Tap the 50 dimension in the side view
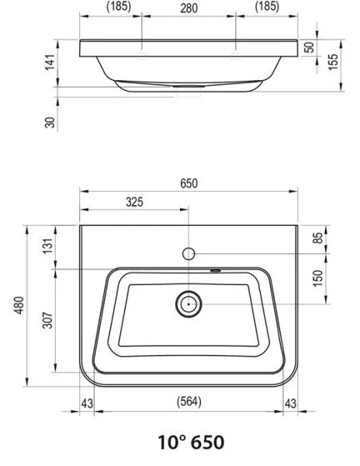(x=308, y=48)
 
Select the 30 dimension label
(x=50, y=121)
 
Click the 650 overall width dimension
(x=189, y=184)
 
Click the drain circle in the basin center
(x=188, y=304)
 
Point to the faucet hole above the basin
(x=188, y=253)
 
